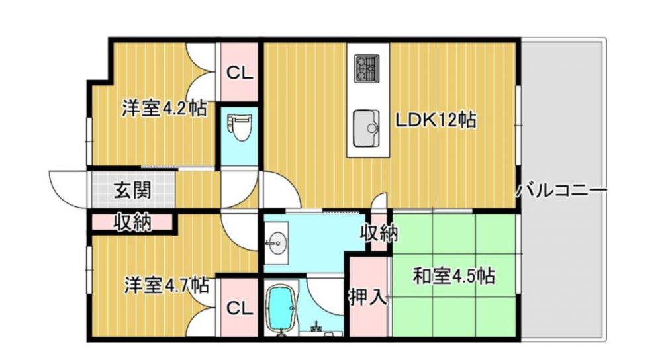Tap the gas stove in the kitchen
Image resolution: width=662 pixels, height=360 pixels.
point(367,69)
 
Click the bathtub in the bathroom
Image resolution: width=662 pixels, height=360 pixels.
point(281,307)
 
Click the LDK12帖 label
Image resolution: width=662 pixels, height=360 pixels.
point(436,120)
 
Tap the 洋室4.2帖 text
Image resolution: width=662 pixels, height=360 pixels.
point(165,109)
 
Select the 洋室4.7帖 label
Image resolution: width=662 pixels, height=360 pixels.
point(166,285)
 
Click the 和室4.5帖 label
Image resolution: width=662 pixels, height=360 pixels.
point(453,277)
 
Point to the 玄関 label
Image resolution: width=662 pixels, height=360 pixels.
point(132,191)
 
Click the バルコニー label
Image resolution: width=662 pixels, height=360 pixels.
point(561,191)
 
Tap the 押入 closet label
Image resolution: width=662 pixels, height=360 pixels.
point(367,297)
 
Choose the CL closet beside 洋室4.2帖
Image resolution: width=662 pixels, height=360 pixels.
point(240,73)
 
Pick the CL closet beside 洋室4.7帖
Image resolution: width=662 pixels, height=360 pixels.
point(240,308)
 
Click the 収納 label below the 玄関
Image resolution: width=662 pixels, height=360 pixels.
point(132,222)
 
